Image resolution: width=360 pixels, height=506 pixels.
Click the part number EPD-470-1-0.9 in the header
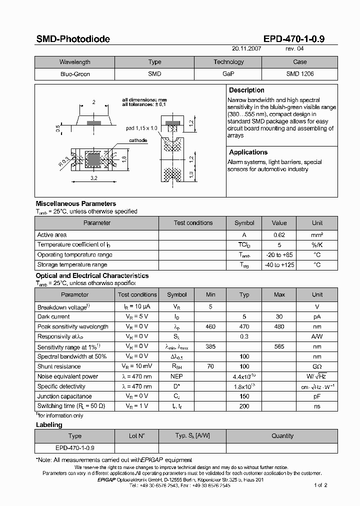(x=294, y=39)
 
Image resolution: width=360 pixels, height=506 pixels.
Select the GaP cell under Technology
(x=228, y=74)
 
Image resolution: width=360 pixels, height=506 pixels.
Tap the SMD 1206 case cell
(x=299, y=74)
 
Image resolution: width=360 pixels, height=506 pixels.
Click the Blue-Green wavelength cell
(x=74, y=74)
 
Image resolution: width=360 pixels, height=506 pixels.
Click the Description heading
(x=246, y=90)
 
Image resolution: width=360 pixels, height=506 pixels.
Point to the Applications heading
(x=248, y=152)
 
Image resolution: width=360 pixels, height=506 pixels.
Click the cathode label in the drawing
(x=138, y=140)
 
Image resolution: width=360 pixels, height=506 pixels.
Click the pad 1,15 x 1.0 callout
(x=141, y=128)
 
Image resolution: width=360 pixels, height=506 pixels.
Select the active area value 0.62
(x=279, y=235)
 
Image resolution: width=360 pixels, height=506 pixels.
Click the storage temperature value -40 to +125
(x=279, y=265)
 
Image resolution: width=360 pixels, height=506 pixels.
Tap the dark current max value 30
(x=279, y=316)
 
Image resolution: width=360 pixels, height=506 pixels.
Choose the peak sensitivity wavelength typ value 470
(x=244, y=326)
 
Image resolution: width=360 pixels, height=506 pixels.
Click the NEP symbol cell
(x=176, y=376)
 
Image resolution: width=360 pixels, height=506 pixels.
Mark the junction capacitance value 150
(x=244, y=396)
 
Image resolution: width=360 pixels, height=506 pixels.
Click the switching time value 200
(x=244, y=406)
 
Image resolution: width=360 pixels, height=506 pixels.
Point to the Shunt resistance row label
(x=59, y=366)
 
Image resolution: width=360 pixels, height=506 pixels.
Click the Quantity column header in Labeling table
(x=282, y=436)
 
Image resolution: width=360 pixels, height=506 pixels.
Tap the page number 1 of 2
(x=320, y=485)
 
